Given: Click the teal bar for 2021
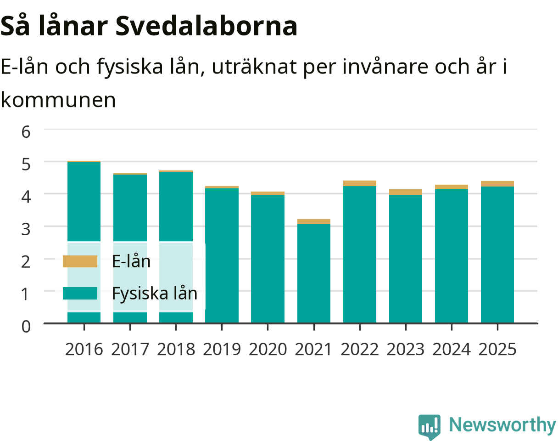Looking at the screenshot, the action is pyautogui.click(x=314, y=273).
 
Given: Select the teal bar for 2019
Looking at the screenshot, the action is pyautogui.click(x=222, y=255).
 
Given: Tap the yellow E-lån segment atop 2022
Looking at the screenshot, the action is pyautogui.click(x=360, y=183).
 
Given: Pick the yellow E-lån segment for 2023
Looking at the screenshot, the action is pyautogui.click(x=406, y=192).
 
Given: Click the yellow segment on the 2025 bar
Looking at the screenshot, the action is pyautogui.click(x=497, y=184).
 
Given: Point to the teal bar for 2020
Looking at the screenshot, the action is pyautogui.click(x=268, y=259).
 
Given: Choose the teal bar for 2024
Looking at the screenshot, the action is pyautogui.click(x=452, y=256).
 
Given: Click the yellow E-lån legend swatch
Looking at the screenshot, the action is pyautogui.click(x=80, y=261).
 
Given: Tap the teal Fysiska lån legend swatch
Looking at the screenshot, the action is pyautogui.click(x=80, y=293).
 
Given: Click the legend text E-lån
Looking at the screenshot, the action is pyautogui.click(x=131, y=261).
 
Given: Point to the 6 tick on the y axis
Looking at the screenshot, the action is pyautogui.click(x=26, y=132).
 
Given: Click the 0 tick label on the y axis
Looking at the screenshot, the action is pyautogui.click(x=26, y=327).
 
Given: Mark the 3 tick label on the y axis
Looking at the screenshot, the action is pyautogui.click(x=26, y=229).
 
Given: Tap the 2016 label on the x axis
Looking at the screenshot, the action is pyautogui.click(x=84, y=350).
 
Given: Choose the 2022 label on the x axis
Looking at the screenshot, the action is pyautogui.click(x=360, y=350).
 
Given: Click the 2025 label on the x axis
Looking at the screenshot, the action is pyautogui.click(x=497, y=350).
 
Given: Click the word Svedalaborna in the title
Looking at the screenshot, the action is pyautogui.click(x=206, y=26).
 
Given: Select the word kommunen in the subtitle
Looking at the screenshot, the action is pyautogui.click(x=58, y=100).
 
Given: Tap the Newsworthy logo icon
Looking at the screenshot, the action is pyautogui.click(x=430, y=426).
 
